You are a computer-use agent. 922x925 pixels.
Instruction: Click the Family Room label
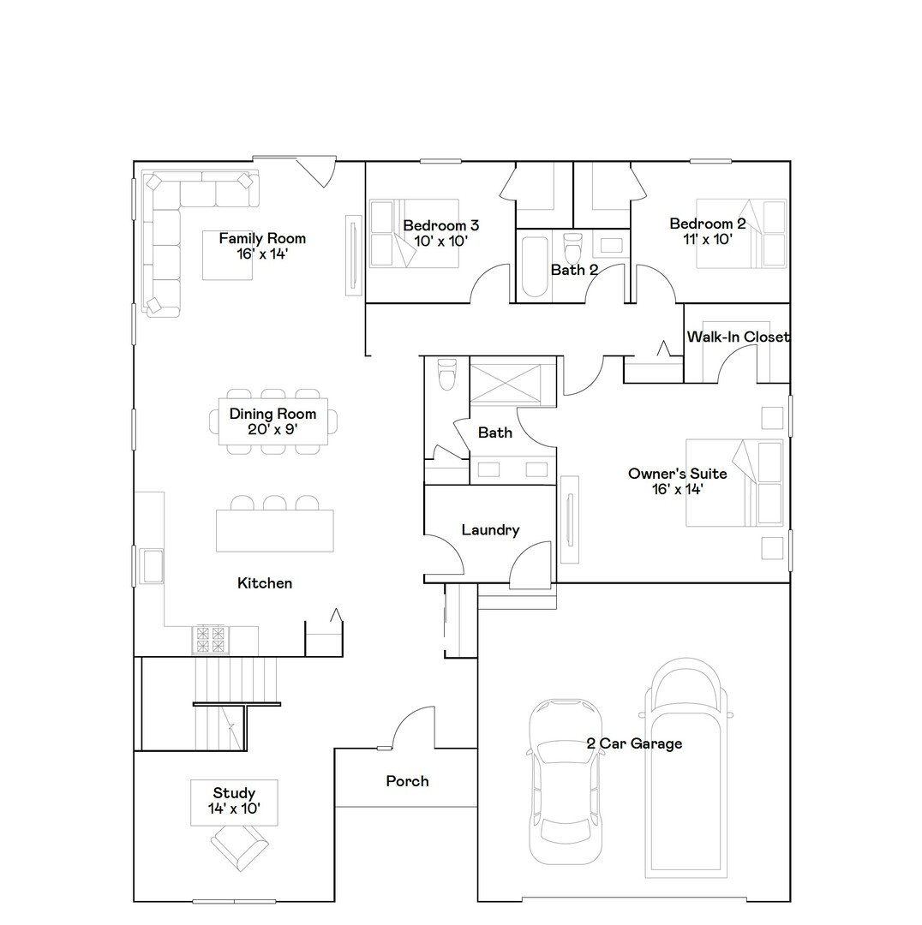point(261,238)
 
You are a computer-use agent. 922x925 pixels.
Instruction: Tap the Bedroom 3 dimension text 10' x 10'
point(440,241)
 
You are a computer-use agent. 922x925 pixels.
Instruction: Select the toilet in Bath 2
point(574,246)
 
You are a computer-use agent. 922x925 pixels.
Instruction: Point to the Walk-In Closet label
point(737,337)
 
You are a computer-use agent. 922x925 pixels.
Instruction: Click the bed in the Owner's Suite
point(735,483)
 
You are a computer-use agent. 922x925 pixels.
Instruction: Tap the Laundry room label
point(490,530)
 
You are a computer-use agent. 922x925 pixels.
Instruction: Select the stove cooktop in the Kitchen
point(211,636)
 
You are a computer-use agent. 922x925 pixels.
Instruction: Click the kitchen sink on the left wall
point(153,566)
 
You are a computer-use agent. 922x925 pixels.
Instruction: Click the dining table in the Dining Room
point(273,421)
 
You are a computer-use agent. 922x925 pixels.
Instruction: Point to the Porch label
point(407,781)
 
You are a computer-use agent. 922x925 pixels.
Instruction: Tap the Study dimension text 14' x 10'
point(234,808)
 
